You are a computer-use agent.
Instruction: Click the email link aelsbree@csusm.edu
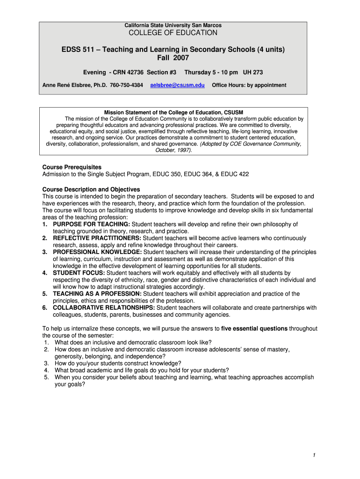coord(177,85)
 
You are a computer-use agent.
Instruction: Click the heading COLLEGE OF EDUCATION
coord(173,33)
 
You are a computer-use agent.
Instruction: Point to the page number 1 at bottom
coord(315,456)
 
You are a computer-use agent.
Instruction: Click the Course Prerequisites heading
coord(72,167)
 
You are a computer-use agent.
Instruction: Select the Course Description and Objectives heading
coord(91,189)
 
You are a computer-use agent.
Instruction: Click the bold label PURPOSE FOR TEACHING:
coord(92,225)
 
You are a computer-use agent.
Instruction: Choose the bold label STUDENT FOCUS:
coord(79,273)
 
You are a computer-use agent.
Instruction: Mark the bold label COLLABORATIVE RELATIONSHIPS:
coord(104,308)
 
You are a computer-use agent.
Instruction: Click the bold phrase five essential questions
coord(254,328)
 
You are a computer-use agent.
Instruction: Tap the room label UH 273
coord(252,73)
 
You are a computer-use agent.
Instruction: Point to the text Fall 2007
coord(173,58)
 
